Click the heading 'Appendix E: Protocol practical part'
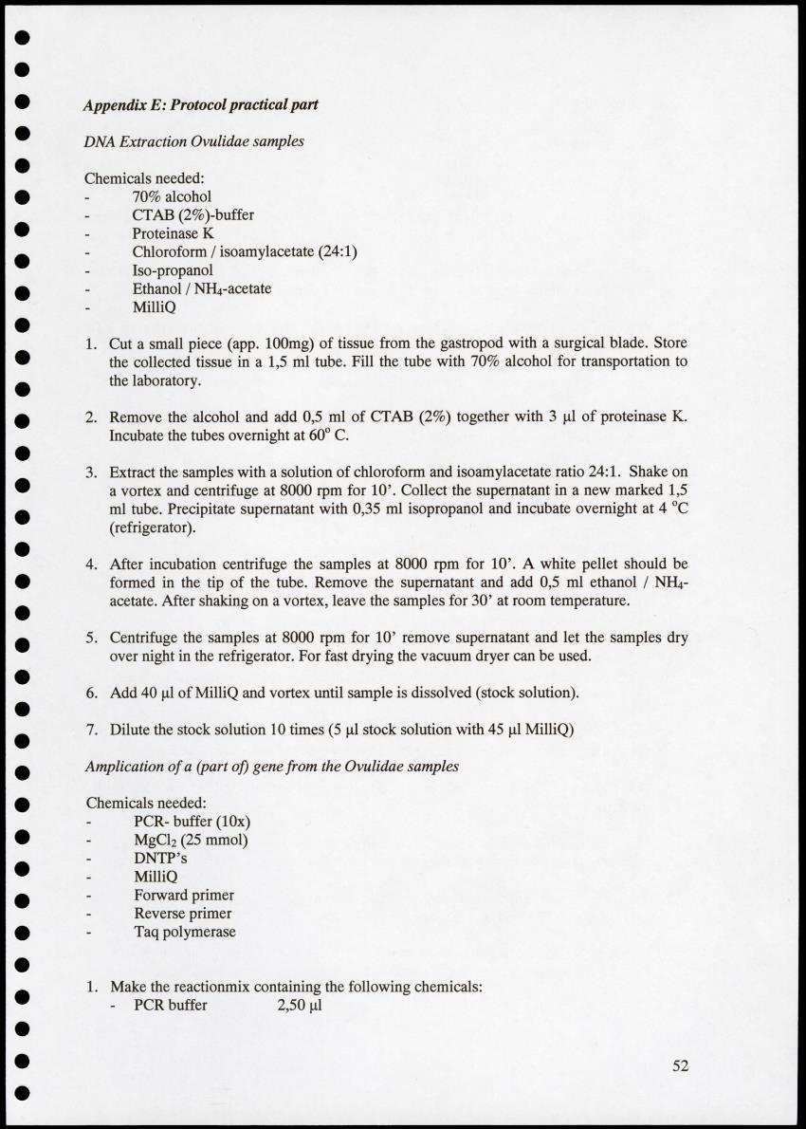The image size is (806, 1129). pos(200,104)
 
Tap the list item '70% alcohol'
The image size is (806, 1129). pos(172,196)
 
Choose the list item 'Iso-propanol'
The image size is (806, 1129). pos(173,270)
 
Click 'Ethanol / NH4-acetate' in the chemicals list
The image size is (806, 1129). pos(202,288)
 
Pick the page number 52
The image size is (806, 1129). pos(680,1065)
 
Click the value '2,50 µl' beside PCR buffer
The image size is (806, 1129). pos(300,1005)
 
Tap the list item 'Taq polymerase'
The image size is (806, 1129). pos(185,932)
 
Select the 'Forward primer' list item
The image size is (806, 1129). pos(184,895)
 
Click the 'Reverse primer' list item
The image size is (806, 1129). pos(183,914)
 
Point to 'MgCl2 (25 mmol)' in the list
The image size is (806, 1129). pos(191,840)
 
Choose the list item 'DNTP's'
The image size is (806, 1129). pos(161,858)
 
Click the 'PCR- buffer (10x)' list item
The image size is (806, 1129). pos(192,822)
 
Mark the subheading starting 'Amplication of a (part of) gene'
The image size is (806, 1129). pos(272,766)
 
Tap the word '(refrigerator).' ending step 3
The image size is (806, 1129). pos(153,527)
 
